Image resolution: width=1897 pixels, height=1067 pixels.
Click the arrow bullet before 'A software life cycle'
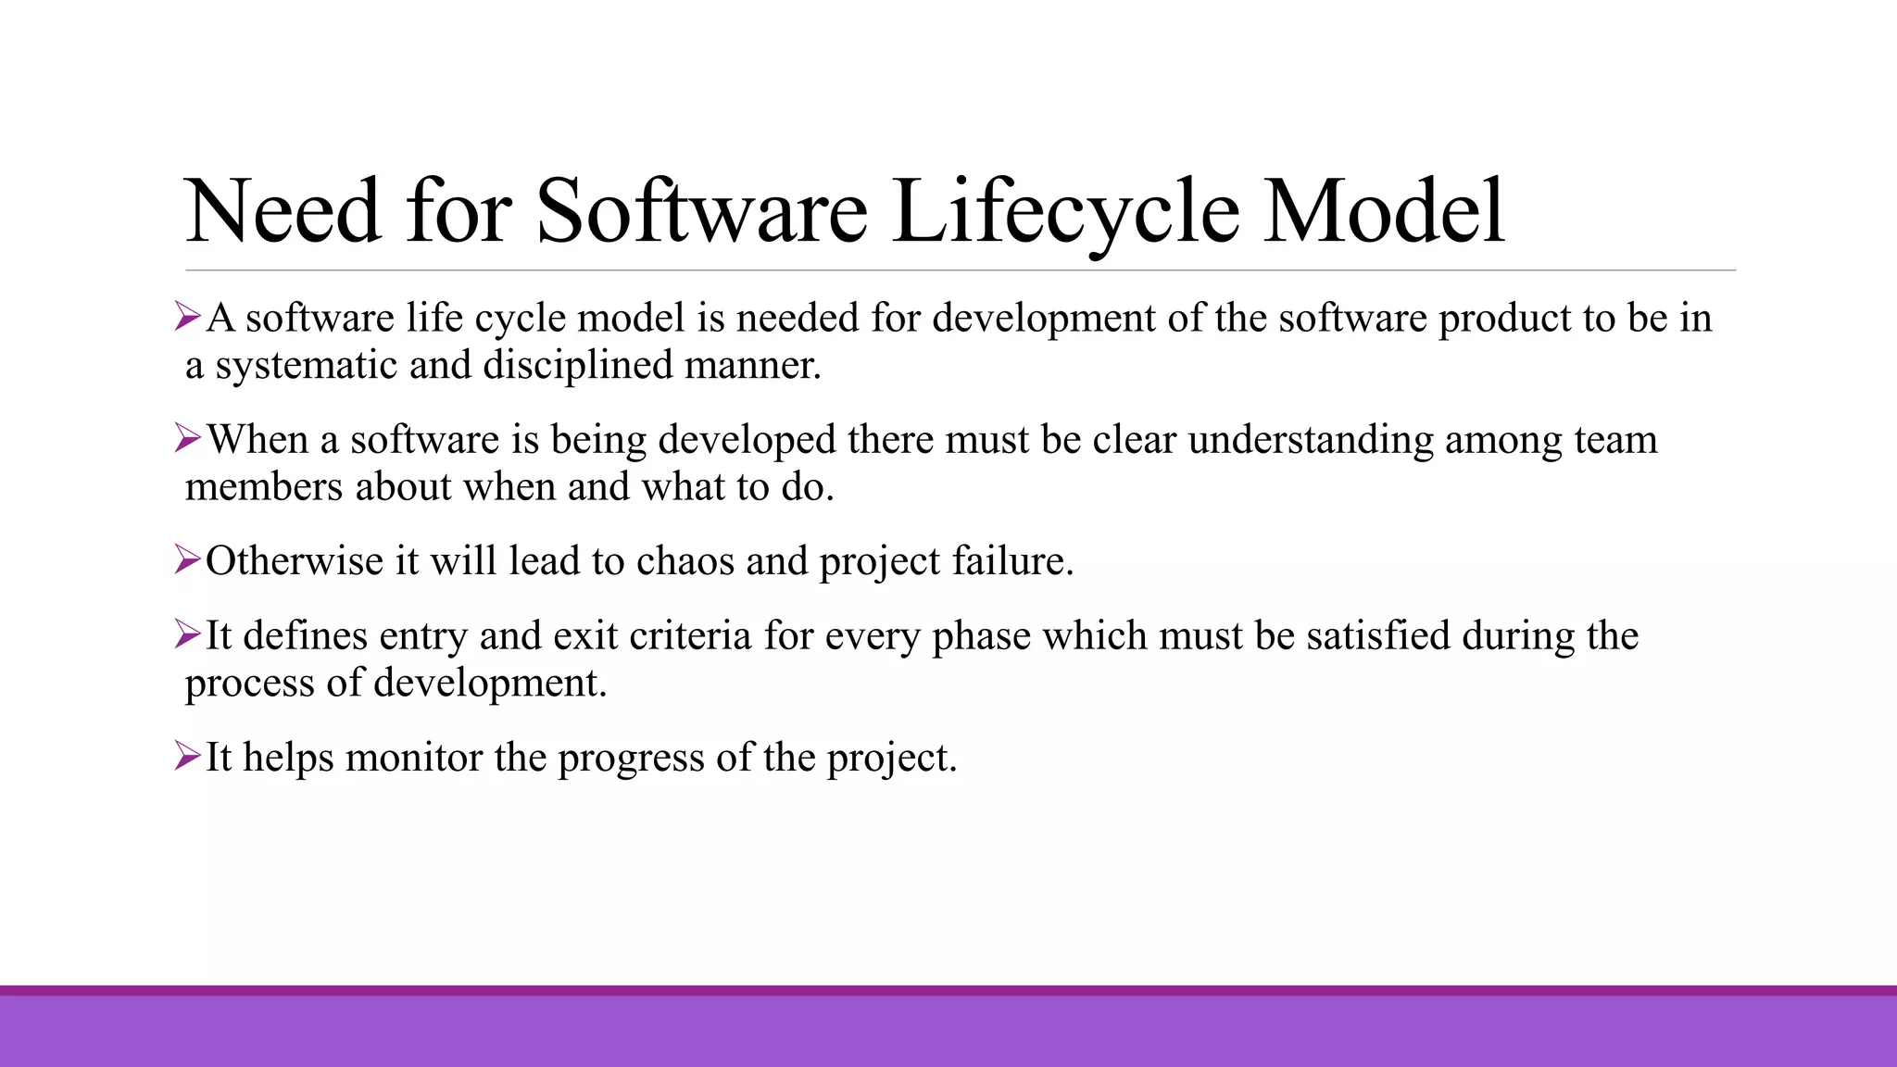(187, 318)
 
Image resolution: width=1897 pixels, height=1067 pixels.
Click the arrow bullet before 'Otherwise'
(187, 560)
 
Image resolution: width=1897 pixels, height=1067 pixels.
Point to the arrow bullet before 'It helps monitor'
(187, 757)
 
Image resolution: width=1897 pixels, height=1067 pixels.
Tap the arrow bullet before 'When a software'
(187, 439)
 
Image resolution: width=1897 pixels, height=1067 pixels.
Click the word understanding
(1310, 439)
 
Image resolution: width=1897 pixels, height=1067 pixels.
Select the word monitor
(414, 758)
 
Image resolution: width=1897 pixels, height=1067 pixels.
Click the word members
(263, 486)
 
